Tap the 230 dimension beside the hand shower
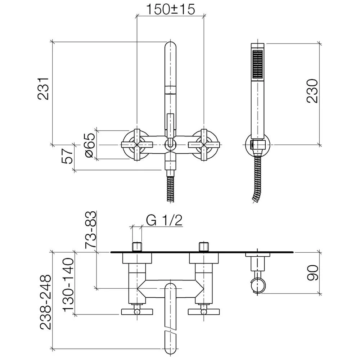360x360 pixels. coord(312,91)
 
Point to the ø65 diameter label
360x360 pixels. coord(90,145)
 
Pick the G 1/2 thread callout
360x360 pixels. coord(165,220)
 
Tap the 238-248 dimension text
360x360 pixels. coord(46,302)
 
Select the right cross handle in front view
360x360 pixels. coord(204,145)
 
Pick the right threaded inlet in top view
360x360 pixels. coord(204,247)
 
